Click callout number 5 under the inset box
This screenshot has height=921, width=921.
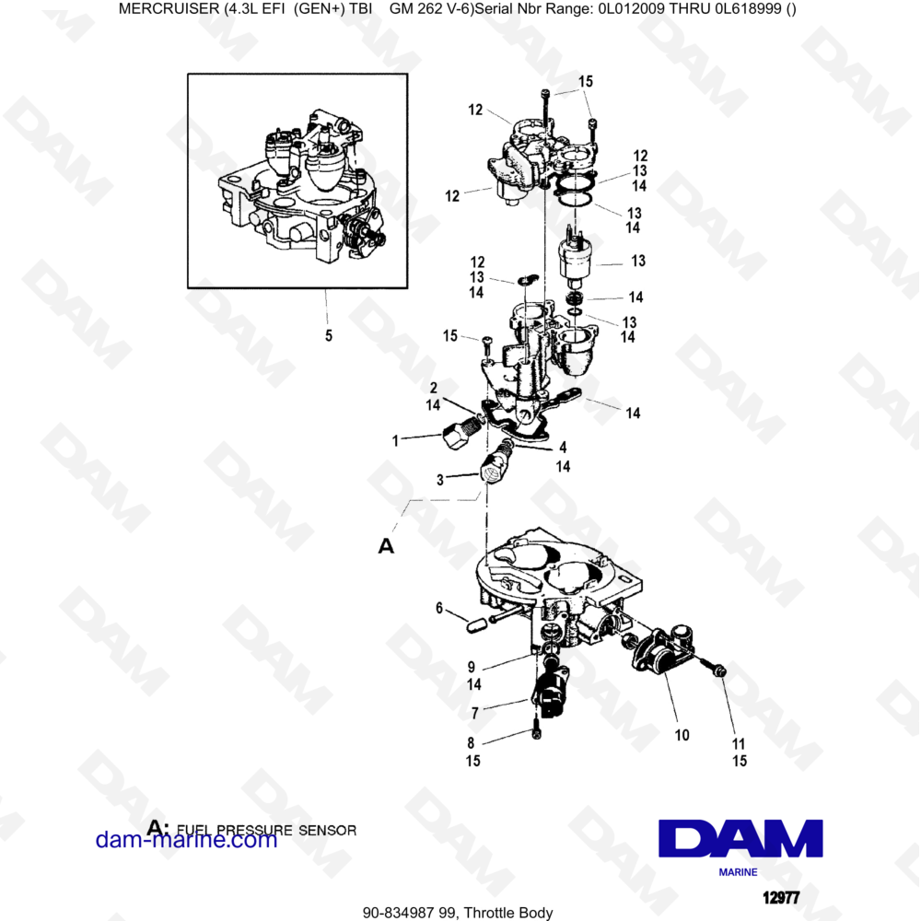[x=329, y=336]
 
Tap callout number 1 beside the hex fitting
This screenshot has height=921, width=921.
[x=396, y=441]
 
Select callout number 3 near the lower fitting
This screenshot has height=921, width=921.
[x=440, y=479]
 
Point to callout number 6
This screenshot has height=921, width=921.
[x=439, y=608]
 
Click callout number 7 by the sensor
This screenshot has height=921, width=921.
[x=474, y=713]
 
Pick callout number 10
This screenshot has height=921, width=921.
[x=682, y=735]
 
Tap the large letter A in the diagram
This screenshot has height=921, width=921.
[x=387, y=546]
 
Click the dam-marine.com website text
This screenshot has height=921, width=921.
[x=186, y=839]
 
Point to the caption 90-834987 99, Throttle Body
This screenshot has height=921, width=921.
[x=458, y=913]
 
